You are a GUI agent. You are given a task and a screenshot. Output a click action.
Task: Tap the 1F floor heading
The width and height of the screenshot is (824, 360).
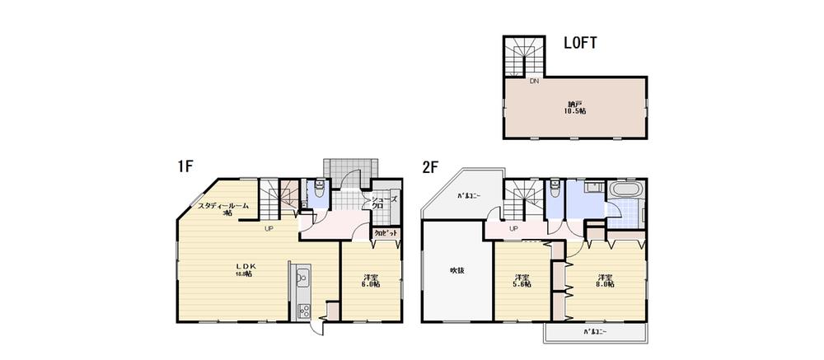click(184, 166)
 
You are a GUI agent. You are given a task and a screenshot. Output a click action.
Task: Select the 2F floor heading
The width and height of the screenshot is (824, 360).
click(431, 166)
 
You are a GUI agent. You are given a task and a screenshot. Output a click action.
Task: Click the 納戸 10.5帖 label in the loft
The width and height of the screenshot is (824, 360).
click(574, 107)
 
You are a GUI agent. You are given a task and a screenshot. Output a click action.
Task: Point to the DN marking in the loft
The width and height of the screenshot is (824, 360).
click(534, 82)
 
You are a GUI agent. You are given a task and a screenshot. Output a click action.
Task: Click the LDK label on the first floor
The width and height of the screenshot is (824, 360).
click(248, 269)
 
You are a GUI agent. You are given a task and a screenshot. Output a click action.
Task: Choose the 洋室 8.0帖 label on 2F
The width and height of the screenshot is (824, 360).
click(606, 280)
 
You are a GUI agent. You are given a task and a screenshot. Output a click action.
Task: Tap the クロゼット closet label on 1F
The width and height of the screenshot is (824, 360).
click(386, 233)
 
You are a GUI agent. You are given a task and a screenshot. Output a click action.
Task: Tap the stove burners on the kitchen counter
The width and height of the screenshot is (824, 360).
click(302, 311)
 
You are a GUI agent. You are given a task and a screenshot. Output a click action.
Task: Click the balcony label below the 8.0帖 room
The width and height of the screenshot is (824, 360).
click(596, 333)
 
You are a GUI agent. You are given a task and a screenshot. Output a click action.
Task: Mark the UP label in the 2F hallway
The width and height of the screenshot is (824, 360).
click(513, 228)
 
